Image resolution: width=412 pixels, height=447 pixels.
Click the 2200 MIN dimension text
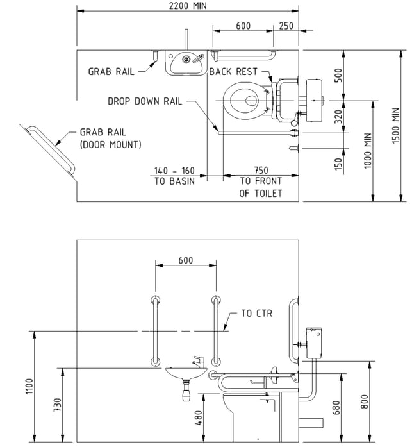(188, 5)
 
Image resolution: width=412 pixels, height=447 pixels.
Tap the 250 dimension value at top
(286, 26)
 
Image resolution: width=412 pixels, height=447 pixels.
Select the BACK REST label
(233, 71)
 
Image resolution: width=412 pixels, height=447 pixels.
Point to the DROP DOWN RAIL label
(145, 101)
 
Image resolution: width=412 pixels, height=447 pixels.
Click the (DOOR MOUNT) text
(110, 144)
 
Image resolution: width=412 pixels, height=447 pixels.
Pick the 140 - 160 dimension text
(174, 171)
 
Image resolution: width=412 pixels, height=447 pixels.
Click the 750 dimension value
(261, 171)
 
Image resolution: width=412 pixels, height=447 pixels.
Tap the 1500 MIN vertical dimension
(396, 126)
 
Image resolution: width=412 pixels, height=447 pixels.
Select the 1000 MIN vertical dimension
(368, 151)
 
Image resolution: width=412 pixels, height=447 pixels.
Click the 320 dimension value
(338, 117)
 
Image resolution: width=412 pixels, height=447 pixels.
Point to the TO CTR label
(256, 314)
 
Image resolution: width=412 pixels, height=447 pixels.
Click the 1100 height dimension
(29, 386)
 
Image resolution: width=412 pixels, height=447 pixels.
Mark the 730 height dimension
(57, 405)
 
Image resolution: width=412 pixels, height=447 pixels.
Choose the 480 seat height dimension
(199, 418)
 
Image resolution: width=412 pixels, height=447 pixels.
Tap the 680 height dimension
(336, 408)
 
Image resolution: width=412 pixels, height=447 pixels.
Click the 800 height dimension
(365, 401)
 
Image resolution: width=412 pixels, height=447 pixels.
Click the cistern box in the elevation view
(314, 343)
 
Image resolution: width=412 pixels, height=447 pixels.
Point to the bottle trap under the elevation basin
(186, 391)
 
